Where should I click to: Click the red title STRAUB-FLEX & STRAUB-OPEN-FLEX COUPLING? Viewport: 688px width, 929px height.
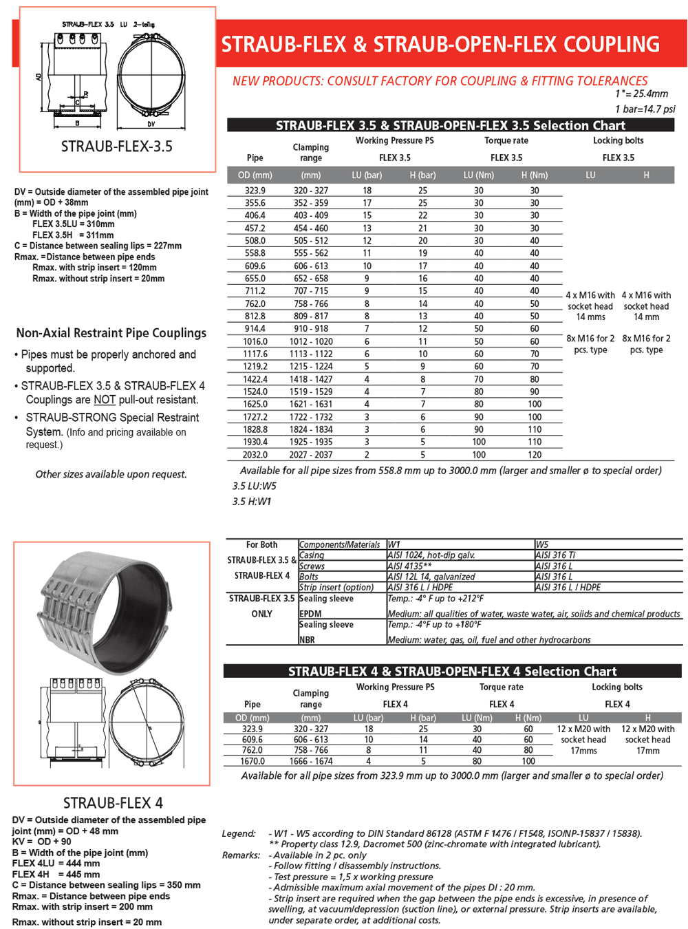click(x=440, y=45)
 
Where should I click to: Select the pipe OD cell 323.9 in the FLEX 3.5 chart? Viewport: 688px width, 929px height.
click(x=255, y=191)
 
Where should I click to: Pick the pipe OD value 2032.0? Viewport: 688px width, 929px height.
click(x=255, y=455)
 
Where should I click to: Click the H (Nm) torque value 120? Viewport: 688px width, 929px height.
click(x=535, y=455)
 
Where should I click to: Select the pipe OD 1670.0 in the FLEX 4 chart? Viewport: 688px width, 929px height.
click(x=252, y=761)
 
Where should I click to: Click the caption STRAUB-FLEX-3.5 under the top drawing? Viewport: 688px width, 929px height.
click(x=117, y=147)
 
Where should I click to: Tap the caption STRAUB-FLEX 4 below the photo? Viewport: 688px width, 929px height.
click(x=113, y=803)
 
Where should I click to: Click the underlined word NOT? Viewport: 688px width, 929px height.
click(x=105, y=400)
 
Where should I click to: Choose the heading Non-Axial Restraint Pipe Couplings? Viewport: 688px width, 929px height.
click(x=111, y=333)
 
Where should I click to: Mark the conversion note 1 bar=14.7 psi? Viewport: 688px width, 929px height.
click(x=645, y=109)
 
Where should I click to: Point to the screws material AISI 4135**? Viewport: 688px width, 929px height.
click(x=410, y=566)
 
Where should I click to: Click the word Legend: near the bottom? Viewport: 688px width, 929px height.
click(x=239, y=833)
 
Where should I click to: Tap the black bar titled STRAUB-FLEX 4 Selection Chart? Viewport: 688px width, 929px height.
click(x=453, y=671)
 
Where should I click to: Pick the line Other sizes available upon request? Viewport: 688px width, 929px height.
click(x=111, y=474)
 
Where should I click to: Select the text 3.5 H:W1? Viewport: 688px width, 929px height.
click(x=252, y=502)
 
